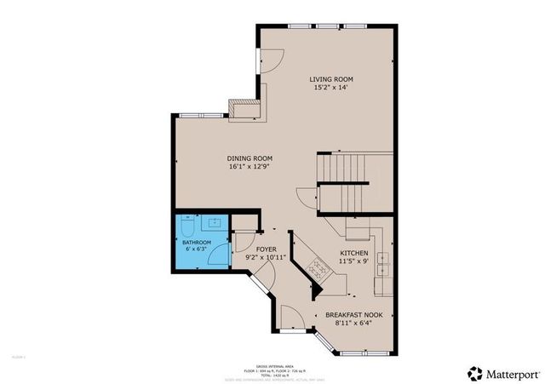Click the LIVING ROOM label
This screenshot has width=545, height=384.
click(330, 78)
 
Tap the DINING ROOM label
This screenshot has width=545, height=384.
click(250, 158)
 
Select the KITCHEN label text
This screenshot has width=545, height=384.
click(354, 254)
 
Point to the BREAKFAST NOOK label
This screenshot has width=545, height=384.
click(353, 315)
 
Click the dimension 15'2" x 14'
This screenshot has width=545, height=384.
click(330, 87)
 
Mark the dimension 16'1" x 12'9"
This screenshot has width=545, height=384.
click(250, 167)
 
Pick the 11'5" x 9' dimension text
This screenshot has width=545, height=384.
click(354, 262)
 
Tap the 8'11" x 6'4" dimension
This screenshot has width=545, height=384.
click(353, 324)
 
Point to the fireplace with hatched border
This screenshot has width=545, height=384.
click(242, 107)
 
